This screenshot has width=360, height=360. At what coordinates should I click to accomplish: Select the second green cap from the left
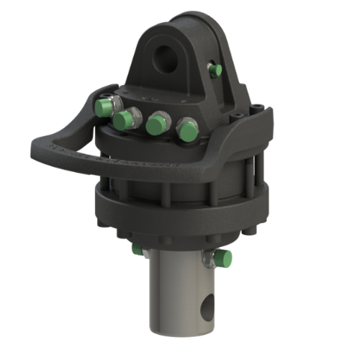(128, 120)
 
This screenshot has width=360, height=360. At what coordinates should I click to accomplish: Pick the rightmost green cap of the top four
(188, 130)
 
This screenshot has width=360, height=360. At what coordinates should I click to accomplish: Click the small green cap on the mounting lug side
(214, 70)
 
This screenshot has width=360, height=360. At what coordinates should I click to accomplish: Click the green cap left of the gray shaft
(138, 250)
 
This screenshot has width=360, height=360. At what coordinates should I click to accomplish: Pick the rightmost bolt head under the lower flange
(250, 233)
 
